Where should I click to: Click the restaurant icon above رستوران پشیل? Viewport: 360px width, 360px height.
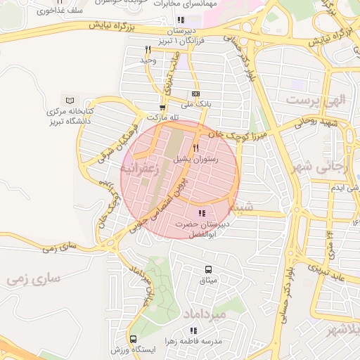click(195, 148)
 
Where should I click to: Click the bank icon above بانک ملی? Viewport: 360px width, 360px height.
click(195, 94)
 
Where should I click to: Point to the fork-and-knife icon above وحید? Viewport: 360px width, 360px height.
click(148, 49)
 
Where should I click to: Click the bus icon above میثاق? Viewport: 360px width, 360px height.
click(208, 269)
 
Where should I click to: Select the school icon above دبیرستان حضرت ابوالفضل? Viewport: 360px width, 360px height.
click(202, 212)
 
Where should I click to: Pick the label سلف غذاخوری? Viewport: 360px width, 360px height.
click(53, 12)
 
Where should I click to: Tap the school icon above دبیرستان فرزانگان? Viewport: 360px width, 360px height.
click(181, 20)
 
